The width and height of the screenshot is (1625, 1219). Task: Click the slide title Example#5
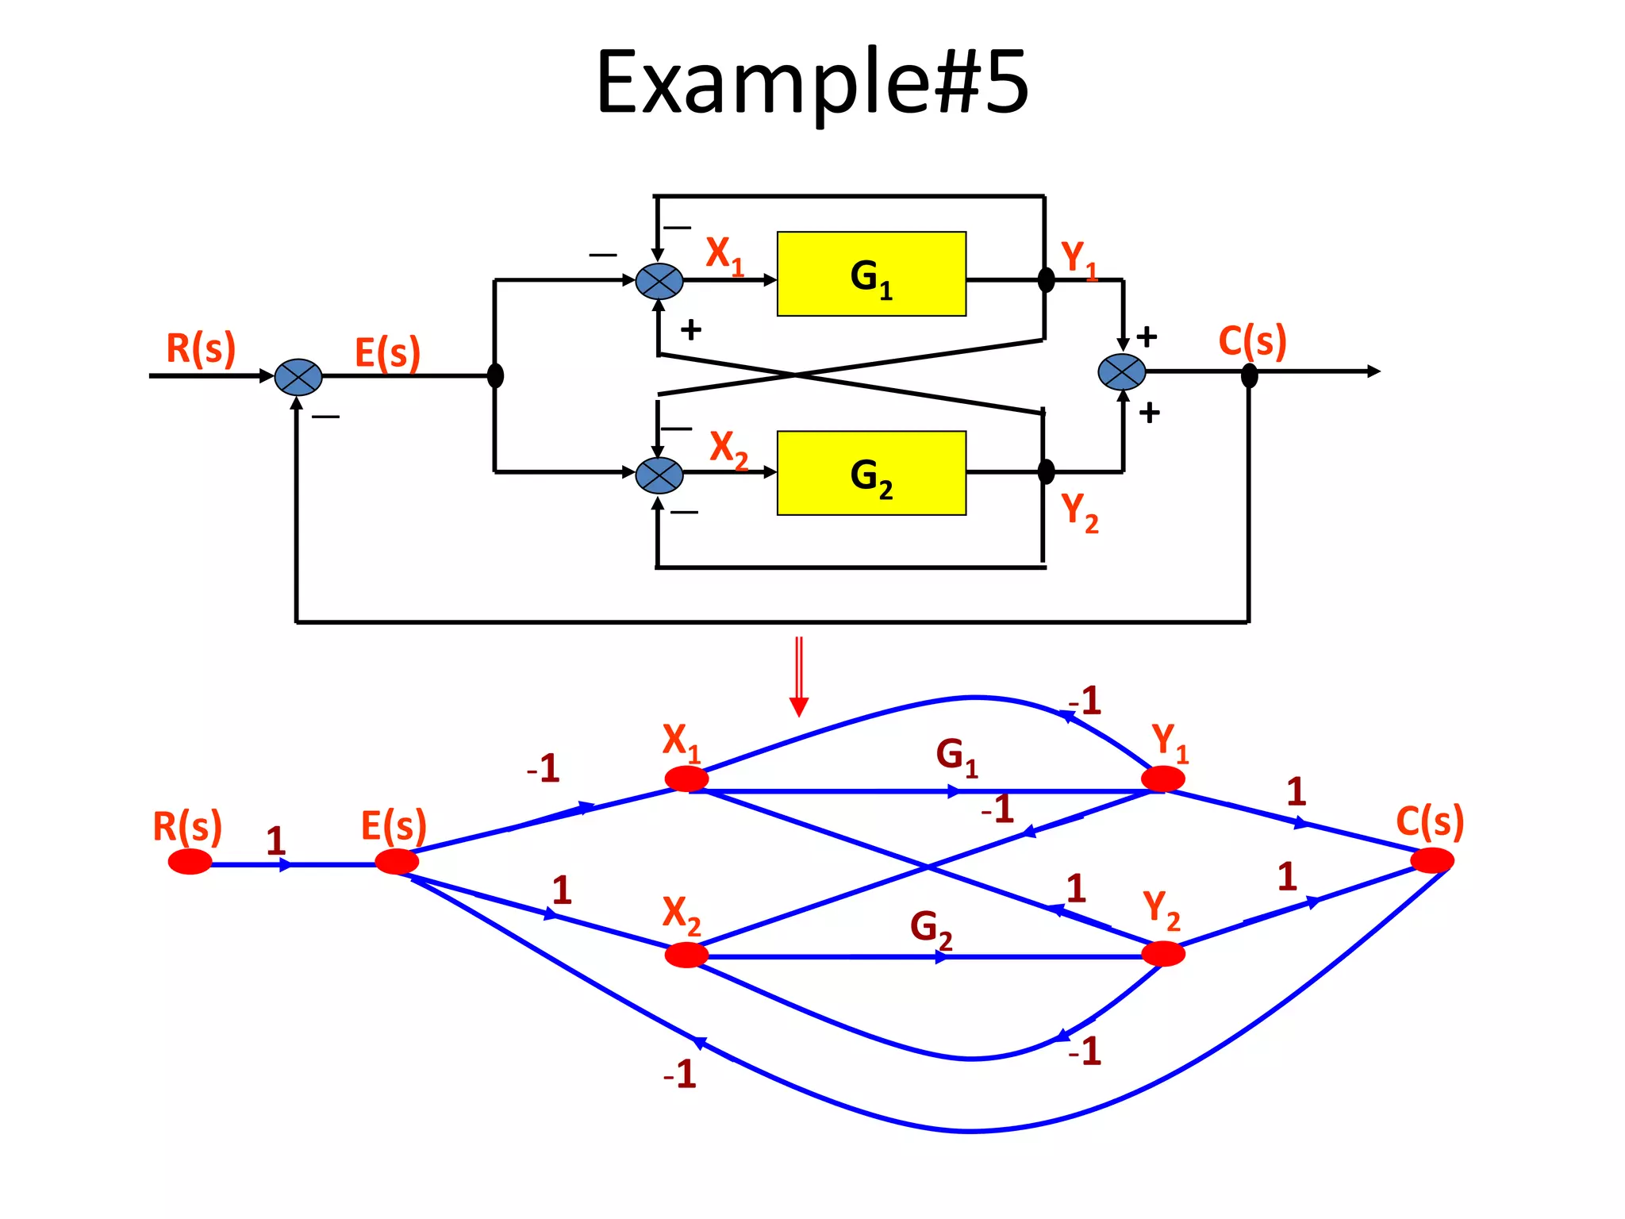click(812, 82)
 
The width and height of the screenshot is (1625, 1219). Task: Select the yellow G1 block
click(871, 274)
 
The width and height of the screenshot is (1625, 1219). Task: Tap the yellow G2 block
click(871, 473)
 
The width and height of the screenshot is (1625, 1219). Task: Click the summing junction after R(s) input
click(298, 377)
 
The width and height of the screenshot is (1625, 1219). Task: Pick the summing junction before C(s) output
click(1121, 372)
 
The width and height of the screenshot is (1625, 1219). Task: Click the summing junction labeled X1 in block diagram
click(659, 281)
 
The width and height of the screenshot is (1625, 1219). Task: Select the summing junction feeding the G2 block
click(659, 475)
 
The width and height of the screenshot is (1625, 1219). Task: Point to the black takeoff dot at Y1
click(1046, 280)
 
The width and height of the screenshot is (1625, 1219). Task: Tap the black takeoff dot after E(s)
click(495, 375)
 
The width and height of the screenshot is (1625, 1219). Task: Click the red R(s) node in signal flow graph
click(190, 861)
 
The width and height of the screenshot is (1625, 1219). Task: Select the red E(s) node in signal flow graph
click(397, 861)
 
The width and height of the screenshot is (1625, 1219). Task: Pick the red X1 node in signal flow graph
click(686, 779)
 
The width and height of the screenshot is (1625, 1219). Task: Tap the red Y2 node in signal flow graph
click(1163, 953)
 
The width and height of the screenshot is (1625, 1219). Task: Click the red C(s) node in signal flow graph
click(1432, 860)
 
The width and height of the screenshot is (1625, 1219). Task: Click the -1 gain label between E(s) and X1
click(544, 768)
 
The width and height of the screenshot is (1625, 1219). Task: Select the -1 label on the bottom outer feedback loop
click(680, 1075)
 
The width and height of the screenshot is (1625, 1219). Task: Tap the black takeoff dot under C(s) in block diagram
click(1249, 375)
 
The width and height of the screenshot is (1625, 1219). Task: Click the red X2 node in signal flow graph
click(686, 955)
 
